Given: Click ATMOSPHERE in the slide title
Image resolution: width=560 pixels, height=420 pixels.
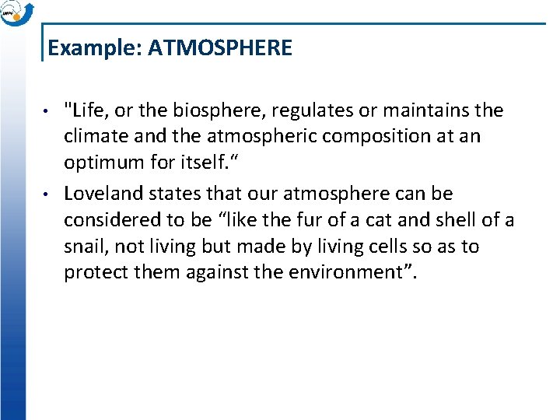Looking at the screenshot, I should coord(220,48).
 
